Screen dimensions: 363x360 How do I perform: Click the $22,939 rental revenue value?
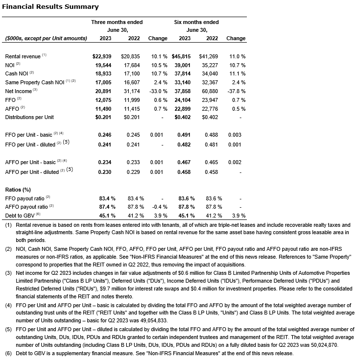[x=102, y=56]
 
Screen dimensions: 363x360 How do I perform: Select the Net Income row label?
[x=18, y=91]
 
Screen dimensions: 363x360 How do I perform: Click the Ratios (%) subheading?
[x=18, y=189]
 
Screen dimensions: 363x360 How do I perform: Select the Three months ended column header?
[x=117, y=22]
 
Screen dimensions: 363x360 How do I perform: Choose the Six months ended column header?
[x=196, y=22]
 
